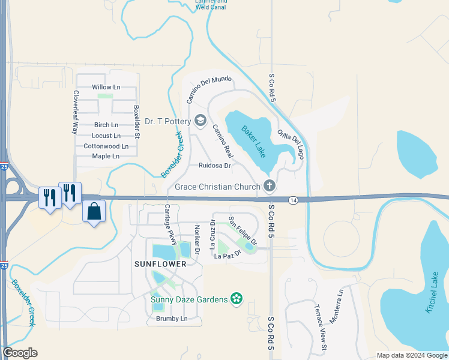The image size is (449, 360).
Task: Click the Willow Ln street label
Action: (106, 87)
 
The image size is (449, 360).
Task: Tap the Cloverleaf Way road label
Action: (76, 112)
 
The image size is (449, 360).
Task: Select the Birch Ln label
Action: (106, 125)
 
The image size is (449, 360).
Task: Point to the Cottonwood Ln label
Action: (106, 146)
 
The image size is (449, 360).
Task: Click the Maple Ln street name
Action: (106, 156)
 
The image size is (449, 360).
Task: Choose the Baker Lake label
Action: (254, 142)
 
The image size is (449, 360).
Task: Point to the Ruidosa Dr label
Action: (214, 165)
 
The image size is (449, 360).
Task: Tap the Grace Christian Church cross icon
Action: (269, 186)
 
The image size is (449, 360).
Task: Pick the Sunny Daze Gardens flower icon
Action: (237, 299)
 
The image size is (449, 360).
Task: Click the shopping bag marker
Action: (94, 212)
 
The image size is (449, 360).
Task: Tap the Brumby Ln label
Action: (172, 319)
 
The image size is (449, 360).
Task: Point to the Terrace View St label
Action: (320, 326)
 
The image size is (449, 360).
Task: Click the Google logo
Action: (20, 353)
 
